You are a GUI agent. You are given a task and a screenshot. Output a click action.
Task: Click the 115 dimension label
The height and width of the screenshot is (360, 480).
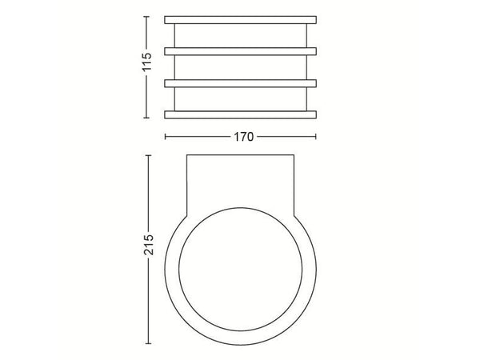[146, 62]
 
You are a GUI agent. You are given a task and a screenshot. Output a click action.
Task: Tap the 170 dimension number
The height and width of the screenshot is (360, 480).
[244, 137]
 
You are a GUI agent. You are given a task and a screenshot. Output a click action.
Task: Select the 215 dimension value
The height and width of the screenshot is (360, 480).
[149, 245]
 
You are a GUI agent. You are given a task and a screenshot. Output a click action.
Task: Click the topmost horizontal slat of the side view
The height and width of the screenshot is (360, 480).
[240, 20]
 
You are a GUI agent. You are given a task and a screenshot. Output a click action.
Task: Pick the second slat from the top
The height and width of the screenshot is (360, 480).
[240, 51]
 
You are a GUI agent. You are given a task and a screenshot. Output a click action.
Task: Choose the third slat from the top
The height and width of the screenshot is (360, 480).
[240, 83]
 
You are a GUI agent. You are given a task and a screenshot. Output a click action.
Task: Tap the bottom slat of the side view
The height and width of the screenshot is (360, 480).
[240, 114]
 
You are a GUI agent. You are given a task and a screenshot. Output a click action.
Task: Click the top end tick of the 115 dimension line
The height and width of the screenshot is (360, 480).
[146, 17]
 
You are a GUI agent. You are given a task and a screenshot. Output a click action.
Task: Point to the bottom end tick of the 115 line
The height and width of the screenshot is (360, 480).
[146, 118]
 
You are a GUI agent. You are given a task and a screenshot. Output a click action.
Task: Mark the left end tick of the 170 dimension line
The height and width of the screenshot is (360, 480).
[166, 137]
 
